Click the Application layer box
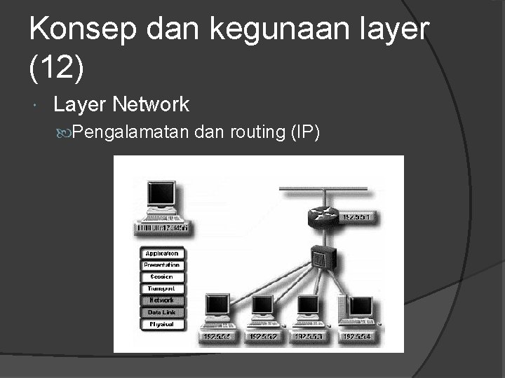tap(162, 253)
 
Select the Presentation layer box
tap(162, 265)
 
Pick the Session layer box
tap(162, 277)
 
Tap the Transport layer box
tap(162, 288)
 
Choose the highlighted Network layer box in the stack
tap(162, 300)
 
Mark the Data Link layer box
tap(162, 312)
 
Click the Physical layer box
tap(162, 324)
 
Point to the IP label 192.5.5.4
tap(356, 337)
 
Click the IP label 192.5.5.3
tap(309, 337)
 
